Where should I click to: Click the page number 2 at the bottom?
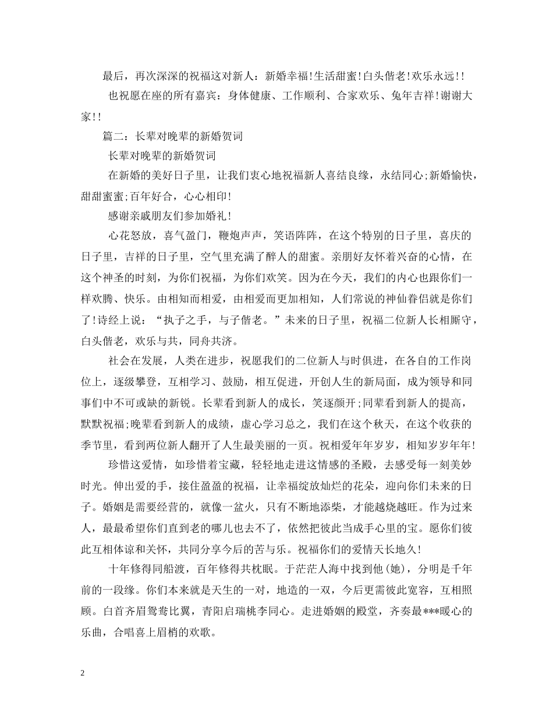coord(83,673)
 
